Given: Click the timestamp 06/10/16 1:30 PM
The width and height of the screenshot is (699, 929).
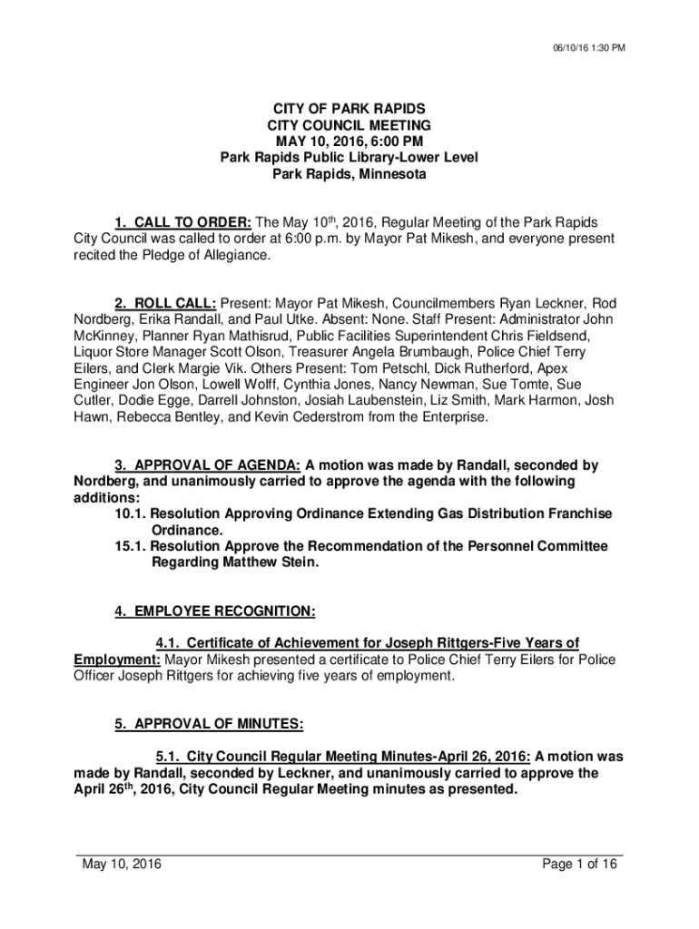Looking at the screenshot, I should click(589, 49).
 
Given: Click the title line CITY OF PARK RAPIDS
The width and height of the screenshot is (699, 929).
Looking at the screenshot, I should click(349, 109).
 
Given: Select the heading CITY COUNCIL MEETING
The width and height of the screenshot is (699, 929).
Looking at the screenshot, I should click(349, 125).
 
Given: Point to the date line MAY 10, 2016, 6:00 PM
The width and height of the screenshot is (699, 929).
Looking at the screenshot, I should click(349, 142).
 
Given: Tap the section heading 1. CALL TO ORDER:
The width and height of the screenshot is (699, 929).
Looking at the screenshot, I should click(182, 223).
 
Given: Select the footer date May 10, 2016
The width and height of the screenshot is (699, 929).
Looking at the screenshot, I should click(122, 865).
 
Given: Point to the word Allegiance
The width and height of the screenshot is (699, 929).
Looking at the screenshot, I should click(239, 256).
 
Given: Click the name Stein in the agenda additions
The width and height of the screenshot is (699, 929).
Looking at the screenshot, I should click(300, 562).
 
